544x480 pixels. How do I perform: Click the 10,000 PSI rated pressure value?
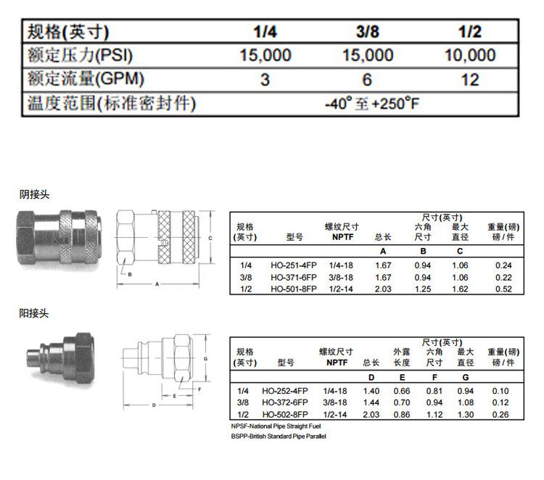click(470, 55)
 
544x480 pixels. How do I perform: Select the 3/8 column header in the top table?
click(368, 32)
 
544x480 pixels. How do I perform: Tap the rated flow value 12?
click(470, 80)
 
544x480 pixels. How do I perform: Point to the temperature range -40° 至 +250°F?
click(372, 104)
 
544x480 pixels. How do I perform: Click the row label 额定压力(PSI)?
click(80, 55)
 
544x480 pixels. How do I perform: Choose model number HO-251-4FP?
click(294, 265)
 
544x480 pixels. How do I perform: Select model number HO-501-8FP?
click(294, 289)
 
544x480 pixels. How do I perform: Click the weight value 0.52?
click(503, 289)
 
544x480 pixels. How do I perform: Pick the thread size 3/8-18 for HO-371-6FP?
click(341, 278)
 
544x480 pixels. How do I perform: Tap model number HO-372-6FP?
click(285, 402)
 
